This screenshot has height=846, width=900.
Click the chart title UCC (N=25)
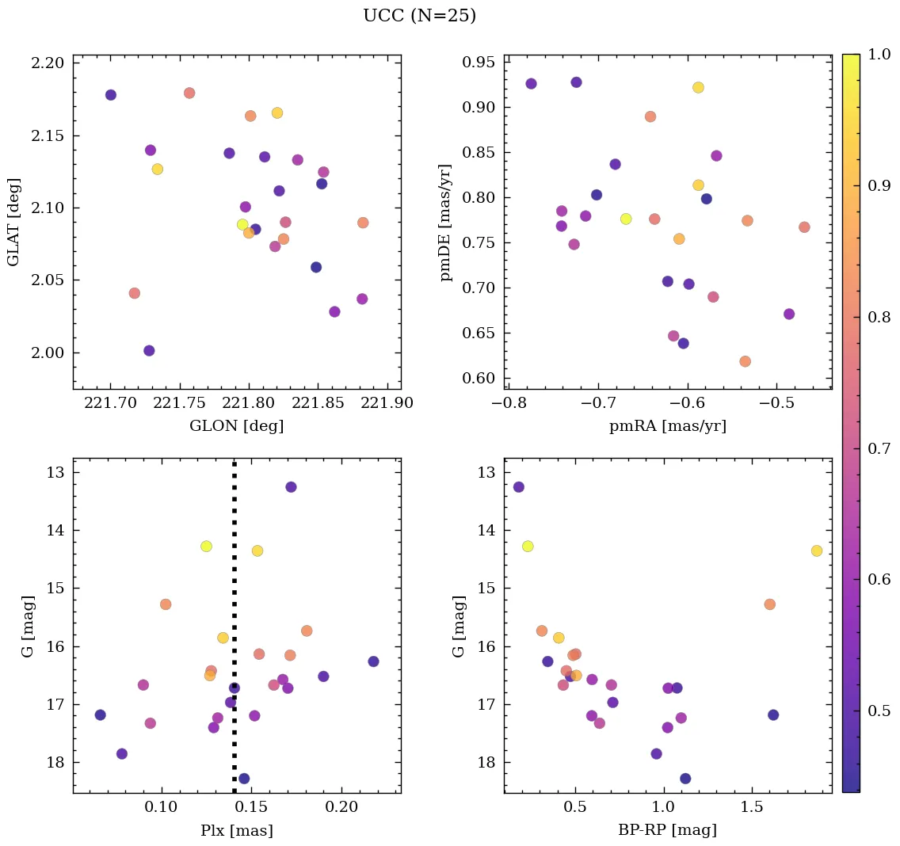click(419, 16)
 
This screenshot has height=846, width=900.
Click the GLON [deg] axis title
click(236, 426)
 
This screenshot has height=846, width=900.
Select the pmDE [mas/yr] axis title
click(446, 223)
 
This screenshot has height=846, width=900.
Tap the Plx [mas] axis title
click(236, 830)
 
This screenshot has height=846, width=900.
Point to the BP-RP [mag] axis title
click(667, 830)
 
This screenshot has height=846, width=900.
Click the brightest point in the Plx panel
click(291, 486)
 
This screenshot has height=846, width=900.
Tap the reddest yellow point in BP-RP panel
click(817, 551)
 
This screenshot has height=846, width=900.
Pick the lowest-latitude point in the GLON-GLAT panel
click(149, 350)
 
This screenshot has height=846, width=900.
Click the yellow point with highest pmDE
click(698, 87)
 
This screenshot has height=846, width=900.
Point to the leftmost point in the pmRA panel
click(531, 83)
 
